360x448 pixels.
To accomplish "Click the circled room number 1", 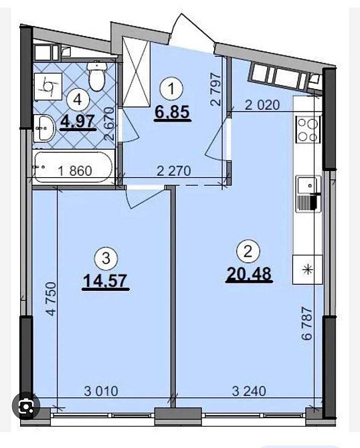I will click(x=173, y=87).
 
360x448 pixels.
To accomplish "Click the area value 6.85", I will click(x=173, y=113).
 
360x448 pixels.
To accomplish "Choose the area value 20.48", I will click(x=248, y=275).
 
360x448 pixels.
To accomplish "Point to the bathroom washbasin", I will click(x=43, y=128).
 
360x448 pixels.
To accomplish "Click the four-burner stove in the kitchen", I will click(x=308, y=129).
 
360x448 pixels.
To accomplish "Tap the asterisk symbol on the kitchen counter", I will click(x=308, y=270).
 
